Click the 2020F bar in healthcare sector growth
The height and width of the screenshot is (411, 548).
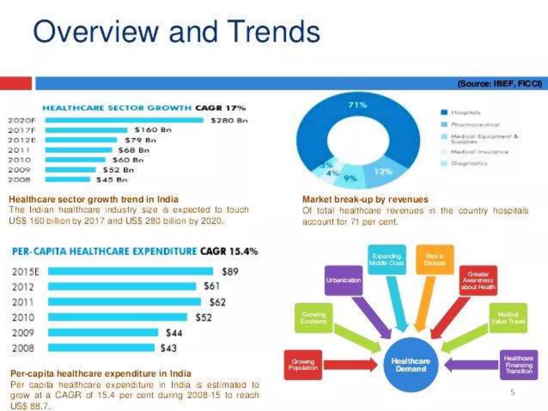[x=124, y=120]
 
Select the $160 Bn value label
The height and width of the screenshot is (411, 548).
[x=153, y=130]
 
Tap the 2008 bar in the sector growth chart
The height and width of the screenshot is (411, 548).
[x=68, y=179]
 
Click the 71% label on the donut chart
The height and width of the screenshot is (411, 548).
[x=357, y=105]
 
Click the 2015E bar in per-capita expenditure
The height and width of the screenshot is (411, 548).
[x=131, y=271]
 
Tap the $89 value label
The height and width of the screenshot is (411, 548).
[x=230, y=272]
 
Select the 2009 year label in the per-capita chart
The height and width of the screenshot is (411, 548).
[x=23, y=333]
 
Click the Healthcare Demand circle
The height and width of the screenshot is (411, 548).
[x=411, y=365]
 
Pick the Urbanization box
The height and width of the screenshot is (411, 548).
[x=344, y=280]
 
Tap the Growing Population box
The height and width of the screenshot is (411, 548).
[x=303, y=365]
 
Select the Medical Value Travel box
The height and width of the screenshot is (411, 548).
[x=508, y=318]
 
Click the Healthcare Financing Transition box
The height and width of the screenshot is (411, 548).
[x=519, y=365]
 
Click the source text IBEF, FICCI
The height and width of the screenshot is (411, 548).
[x=500, y=84]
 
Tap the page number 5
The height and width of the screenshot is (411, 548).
[x=512, y=392]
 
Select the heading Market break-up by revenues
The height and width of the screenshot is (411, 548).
[x=365, y=199]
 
